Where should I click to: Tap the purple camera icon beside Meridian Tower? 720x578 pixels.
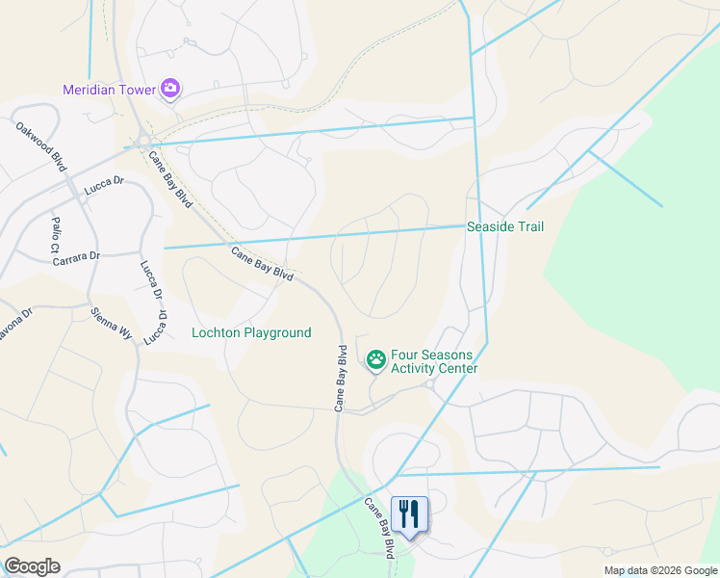pos(171,90)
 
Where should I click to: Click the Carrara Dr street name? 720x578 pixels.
pos(76,258)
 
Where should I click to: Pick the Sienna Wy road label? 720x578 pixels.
pos(112,325)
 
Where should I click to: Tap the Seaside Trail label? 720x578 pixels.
pos(505,227)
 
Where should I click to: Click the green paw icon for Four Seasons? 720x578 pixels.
pos(375,360)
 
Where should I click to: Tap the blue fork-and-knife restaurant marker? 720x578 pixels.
pos(410,514)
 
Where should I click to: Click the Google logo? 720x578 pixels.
pos(32,566)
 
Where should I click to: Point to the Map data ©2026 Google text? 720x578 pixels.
pos(660,570)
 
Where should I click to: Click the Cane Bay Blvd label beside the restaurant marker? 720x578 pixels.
pos(379,528)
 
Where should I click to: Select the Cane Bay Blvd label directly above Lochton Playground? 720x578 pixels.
pos(262,263)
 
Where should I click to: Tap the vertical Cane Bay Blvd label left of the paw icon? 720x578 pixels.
pos(340,379)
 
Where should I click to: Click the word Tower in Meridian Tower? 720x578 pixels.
pos(140,90)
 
